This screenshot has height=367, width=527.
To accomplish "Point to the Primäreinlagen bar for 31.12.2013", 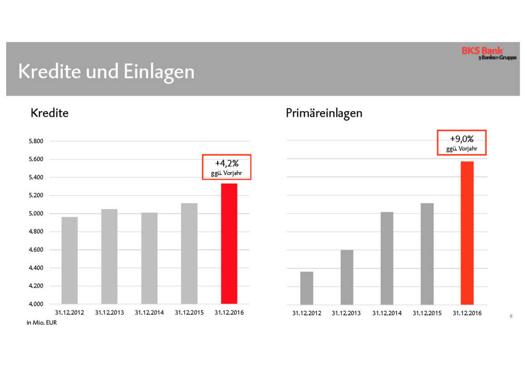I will (346, 277).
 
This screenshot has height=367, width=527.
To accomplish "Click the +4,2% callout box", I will (226, 167).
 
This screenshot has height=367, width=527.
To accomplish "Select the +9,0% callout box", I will (462, 142).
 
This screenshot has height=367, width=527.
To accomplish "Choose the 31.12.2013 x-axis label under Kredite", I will (110, 312).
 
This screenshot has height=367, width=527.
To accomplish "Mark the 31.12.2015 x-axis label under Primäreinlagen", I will (427, 313).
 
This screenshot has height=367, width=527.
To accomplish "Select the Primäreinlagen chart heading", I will (324, 113).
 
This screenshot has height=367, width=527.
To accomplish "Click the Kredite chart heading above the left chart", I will (49, 113).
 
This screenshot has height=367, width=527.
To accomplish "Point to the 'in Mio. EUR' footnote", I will (41, 323).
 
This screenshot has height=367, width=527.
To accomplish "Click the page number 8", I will (511, 316).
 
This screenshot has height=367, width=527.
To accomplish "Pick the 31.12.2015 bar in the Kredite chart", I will (189, 253).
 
